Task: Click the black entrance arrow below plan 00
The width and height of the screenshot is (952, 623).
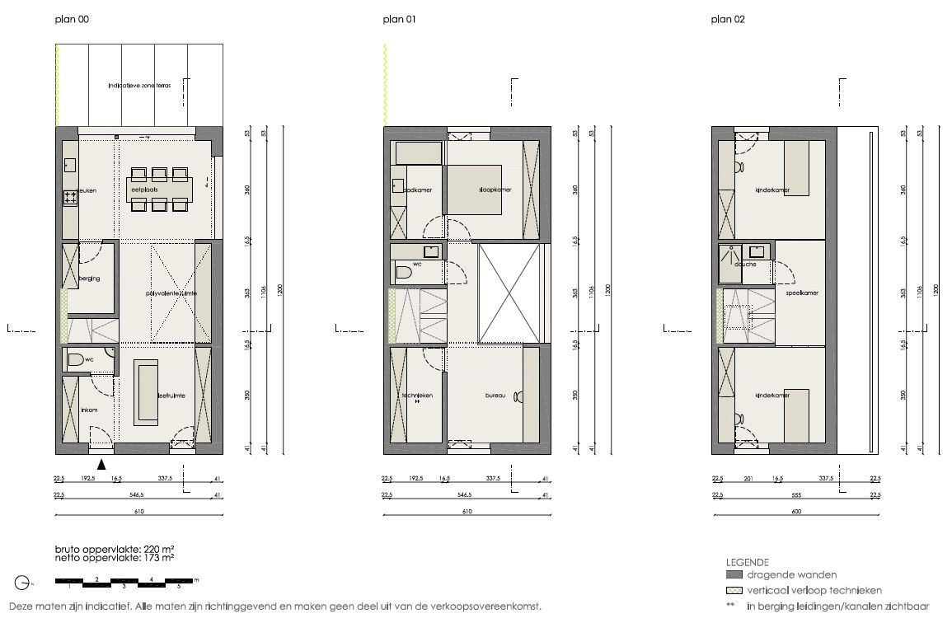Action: pyautogui.click(x=101, y=465)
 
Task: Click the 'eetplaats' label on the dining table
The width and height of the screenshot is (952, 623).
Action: pyautogui.click(x=143, y=190)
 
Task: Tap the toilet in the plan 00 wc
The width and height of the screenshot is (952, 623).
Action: pyautogui.click(x=76, y=359)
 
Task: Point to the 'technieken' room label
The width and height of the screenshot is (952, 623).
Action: pyautogui.click(x=417, y=396)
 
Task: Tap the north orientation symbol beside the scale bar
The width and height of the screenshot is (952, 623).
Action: pyautogui.click(x=22, y=583)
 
